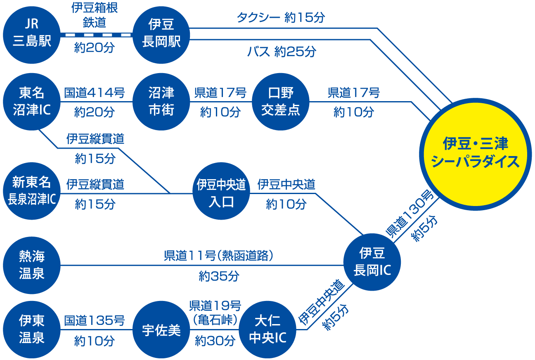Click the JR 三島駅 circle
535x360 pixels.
31,35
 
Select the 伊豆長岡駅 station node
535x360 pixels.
161,35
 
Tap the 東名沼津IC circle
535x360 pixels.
31,102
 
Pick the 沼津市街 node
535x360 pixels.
161,102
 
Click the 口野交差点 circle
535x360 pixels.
281,102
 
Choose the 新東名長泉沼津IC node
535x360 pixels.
31,191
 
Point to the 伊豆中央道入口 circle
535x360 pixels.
221,191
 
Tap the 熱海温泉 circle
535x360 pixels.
31,265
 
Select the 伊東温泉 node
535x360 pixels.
31,329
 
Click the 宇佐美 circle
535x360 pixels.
161,329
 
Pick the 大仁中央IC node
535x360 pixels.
267,329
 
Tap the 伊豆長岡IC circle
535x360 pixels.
372,262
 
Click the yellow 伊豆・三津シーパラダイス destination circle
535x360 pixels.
476,154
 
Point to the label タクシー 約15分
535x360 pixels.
281,17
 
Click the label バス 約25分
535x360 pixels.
282,51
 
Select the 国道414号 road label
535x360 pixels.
95,93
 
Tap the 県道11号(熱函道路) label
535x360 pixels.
218,256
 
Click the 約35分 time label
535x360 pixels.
219,276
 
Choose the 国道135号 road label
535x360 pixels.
95,320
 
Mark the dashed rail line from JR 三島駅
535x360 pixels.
97,35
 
